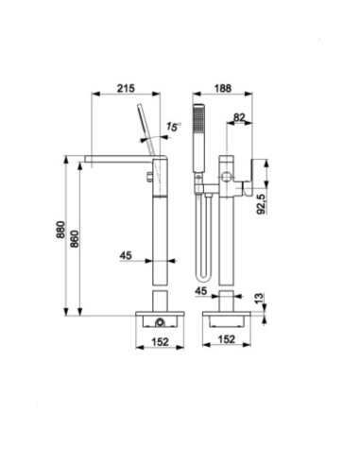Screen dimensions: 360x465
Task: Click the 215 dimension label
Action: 126,88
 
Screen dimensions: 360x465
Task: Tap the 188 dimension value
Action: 223,89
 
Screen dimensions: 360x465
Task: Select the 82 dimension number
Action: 239,117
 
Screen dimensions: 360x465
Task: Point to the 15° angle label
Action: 174,127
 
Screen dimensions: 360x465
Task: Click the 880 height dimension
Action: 60,230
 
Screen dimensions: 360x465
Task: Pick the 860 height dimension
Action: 75,238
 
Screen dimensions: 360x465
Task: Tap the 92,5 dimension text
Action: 262,204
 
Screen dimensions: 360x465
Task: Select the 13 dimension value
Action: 259,299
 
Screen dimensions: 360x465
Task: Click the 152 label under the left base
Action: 161,342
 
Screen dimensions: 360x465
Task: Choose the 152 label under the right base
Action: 227,339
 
